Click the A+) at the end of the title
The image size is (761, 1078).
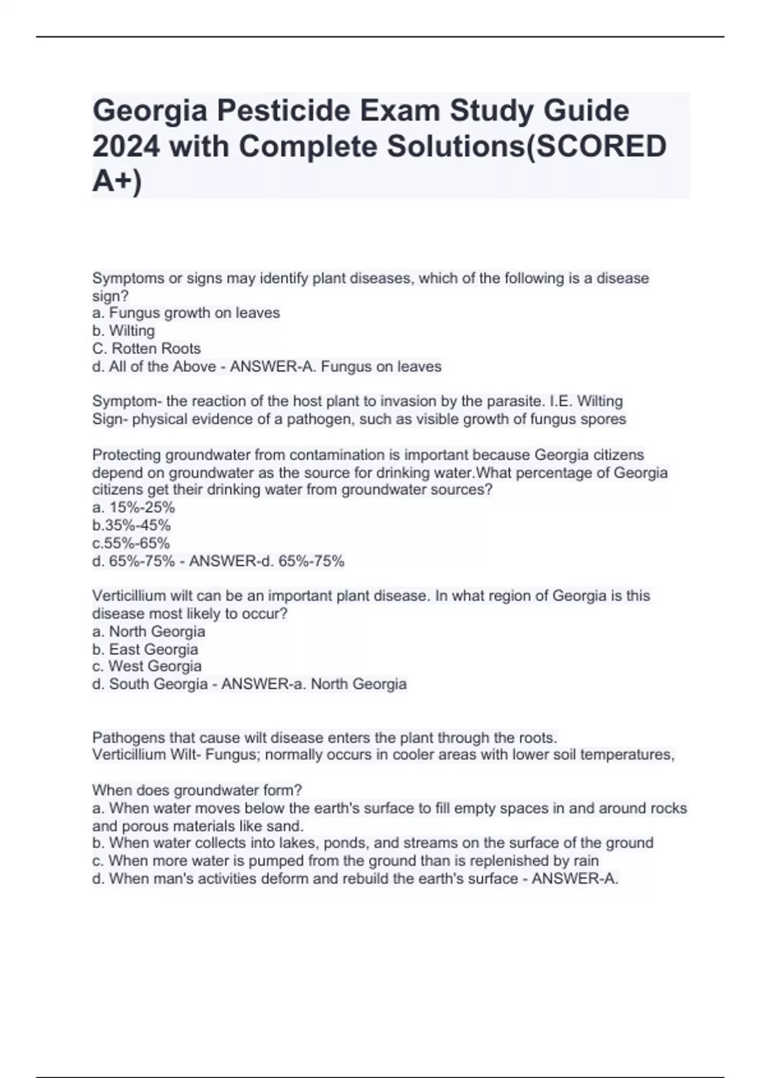pos(117,182)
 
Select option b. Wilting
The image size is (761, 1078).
pos(124,330)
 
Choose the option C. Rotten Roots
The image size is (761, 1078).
pos(146,348)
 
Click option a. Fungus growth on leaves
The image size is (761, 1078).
pos(186,313)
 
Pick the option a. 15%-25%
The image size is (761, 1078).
pos(133,507)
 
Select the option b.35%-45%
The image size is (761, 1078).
pos(131,525)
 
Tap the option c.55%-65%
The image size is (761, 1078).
pos(131,543)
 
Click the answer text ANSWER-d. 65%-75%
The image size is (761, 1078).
pos(266,561)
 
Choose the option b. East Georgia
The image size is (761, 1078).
pos(145,649)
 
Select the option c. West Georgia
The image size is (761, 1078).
pos(146,666)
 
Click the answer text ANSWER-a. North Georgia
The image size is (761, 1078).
pos(314,684)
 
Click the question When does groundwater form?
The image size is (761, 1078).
pos(197,790)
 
